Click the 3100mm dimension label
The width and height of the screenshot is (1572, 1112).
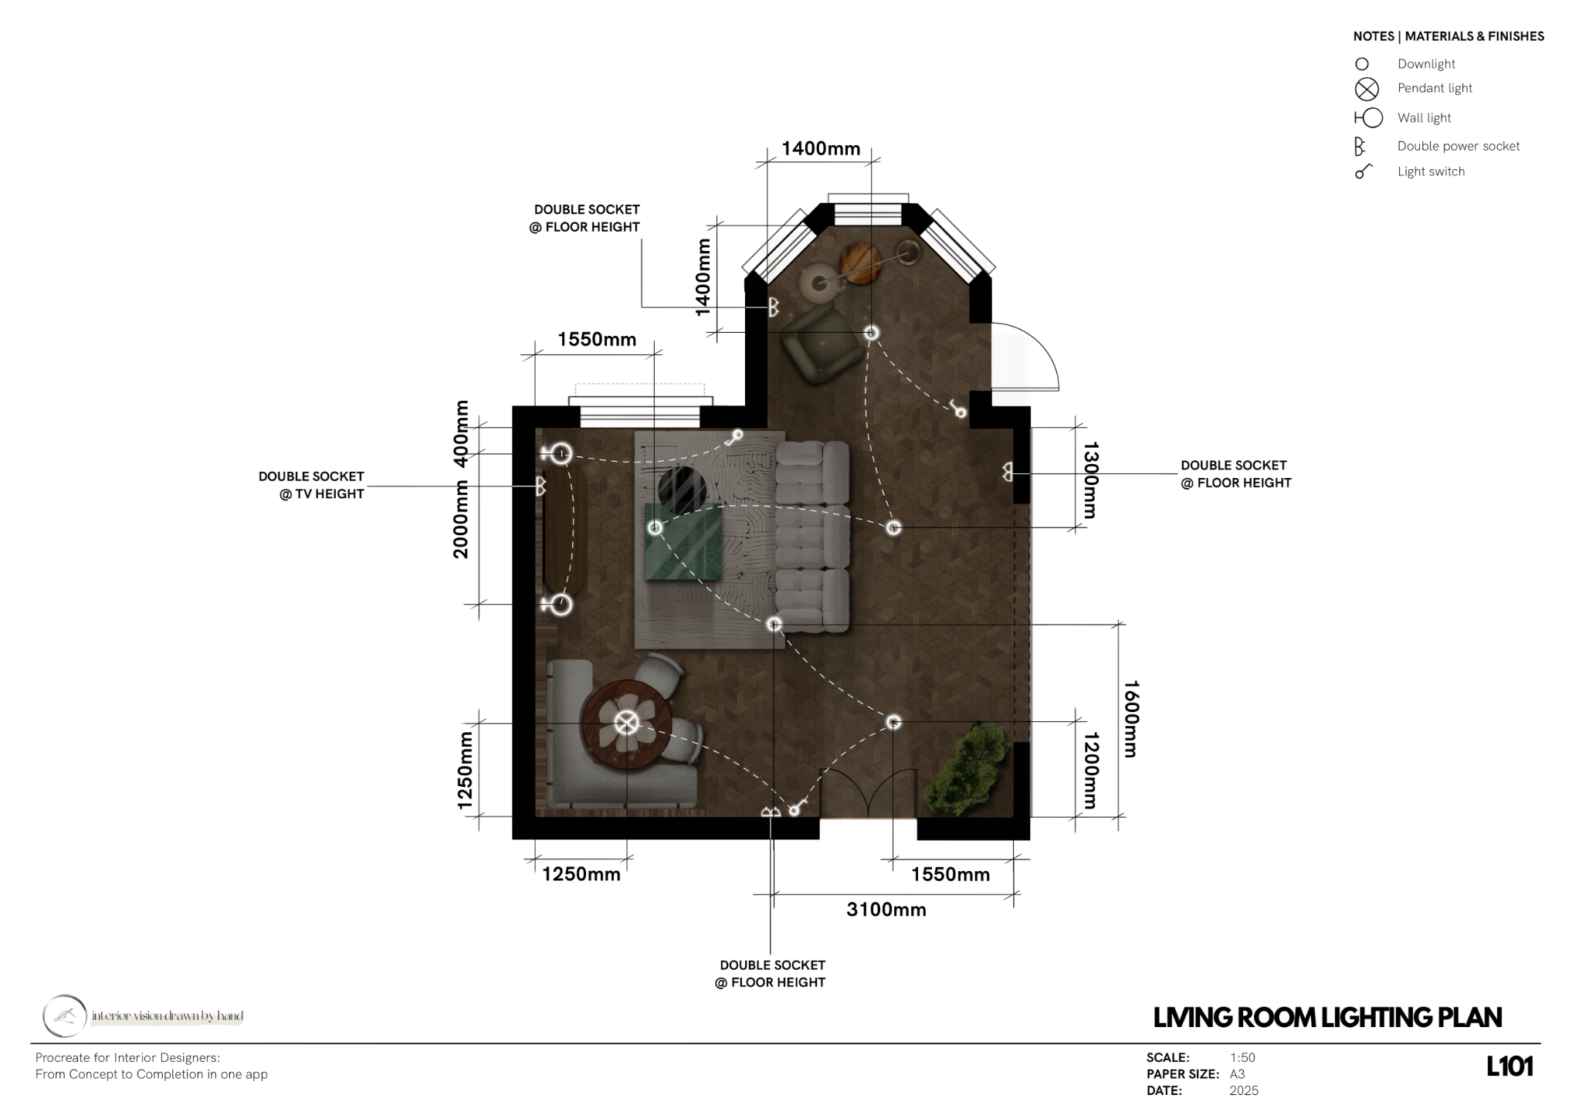click(886, 910)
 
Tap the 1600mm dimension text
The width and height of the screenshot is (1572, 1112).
click(1131, 719)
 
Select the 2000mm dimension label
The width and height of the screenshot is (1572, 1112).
click(461, 519)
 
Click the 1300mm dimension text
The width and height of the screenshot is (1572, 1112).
click(1090, 480)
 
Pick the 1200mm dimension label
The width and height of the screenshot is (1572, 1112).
click(1090, 770)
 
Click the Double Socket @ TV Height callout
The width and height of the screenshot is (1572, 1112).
click(311, 485)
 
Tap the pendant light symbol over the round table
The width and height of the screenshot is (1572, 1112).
click(627, 723)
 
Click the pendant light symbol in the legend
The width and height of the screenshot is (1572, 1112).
click(1367, 90)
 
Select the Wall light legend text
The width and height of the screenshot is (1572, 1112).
click(1424, 117)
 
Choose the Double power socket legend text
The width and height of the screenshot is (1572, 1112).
click(1458, 146)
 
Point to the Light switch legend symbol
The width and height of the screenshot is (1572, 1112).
click(1364, 171)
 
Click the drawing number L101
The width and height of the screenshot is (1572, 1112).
click(1509, 1066)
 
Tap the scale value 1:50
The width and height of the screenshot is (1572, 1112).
click(1242, 1057)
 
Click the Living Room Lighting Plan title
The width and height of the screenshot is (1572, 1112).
click(1327, 1017)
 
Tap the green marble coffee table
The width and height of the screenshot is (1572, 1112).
click(683, 541)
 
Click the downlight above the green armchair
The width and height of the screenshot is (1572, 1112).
click(871, 333)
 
